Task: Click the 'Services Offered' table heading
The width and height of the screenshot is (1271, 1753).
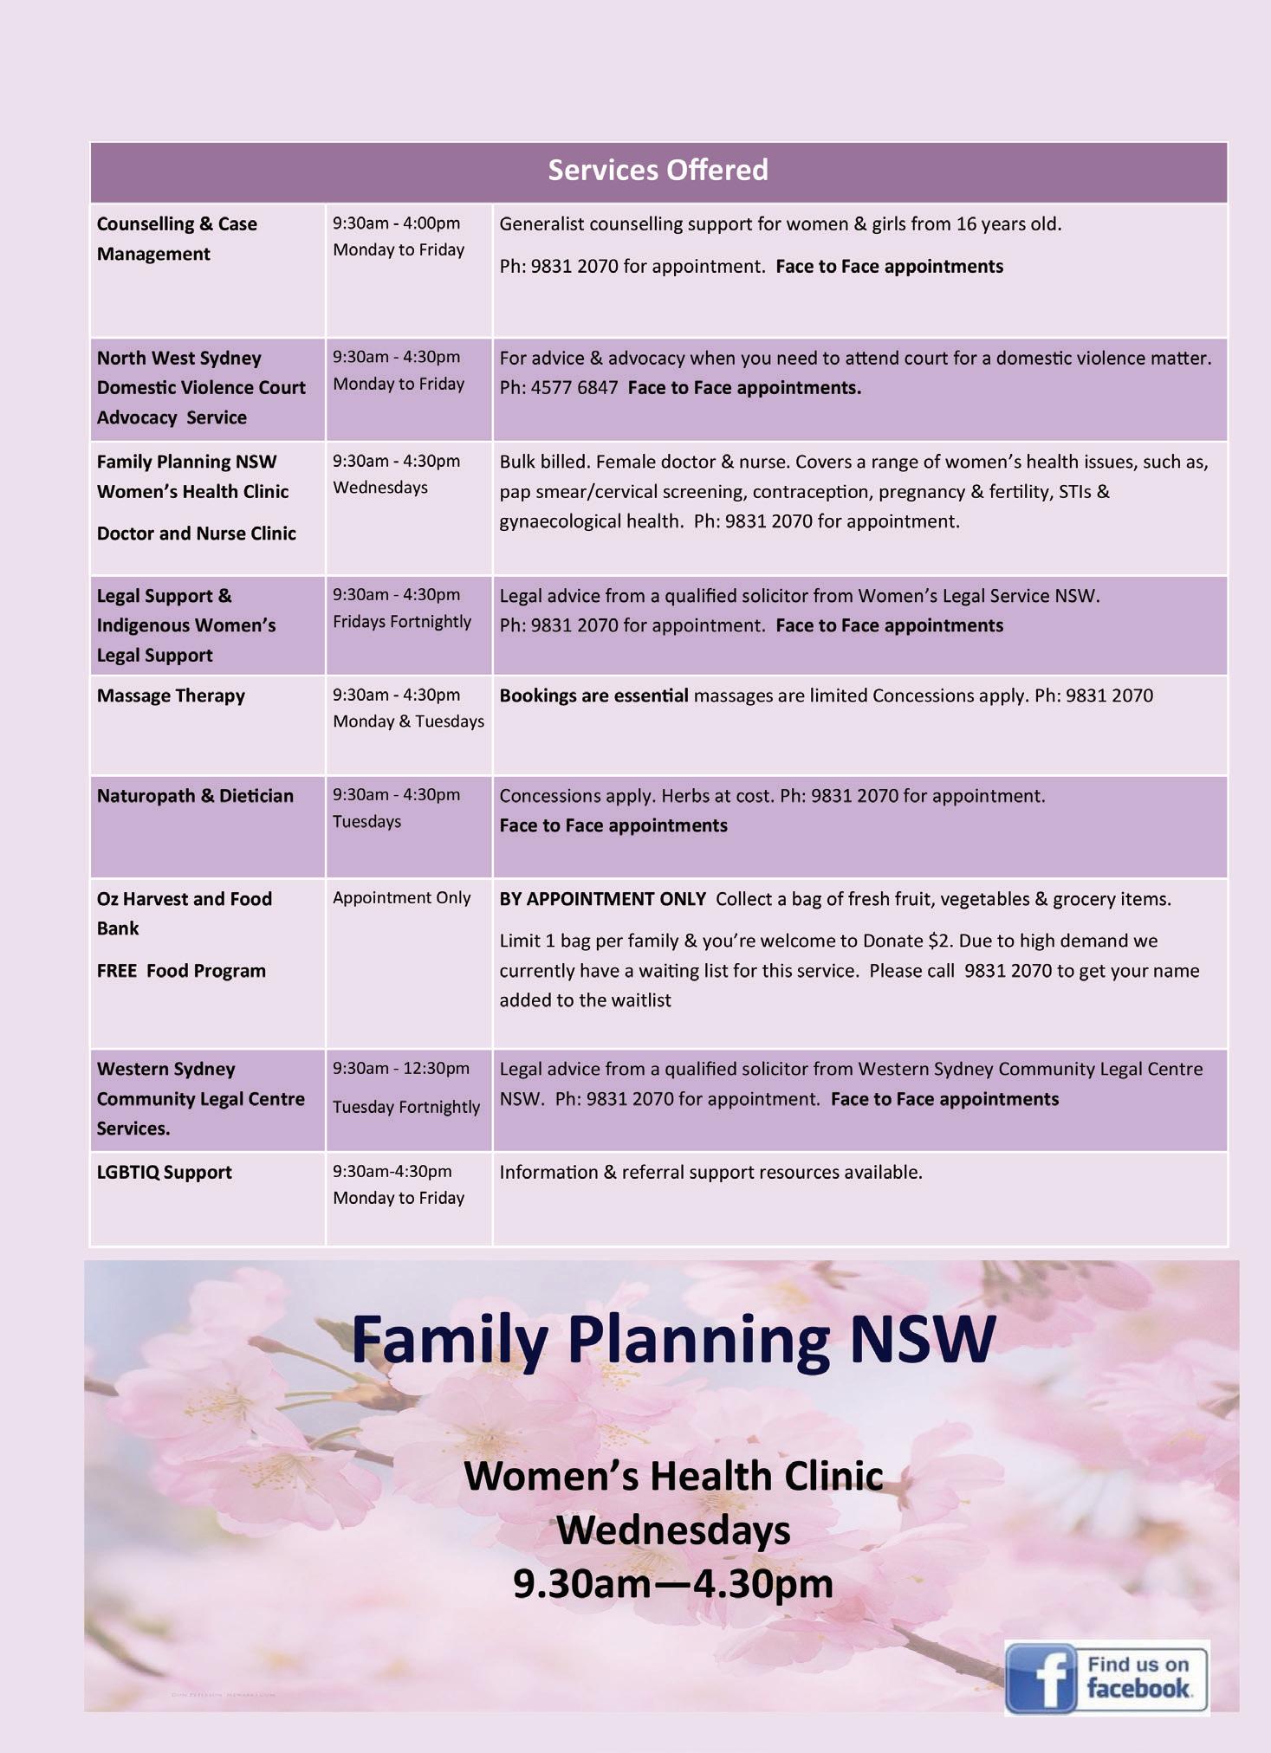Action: [x=658, y=170]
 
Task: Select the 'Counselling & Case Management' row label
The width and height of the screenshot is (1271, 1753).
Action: [x=177, y=238]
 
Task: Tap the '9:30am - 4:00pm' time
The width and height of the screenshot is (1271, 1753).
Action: [x=396, y=223]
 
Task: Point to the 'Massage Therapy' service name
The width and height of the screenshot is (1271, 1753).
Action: [x=171, y=695]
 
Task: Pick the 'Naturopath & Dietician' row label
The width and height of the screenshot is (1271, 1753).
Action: [x=195, y=796]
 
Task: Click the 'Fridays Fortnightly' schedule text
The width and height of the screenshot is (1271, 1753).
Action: [x=402, y=622]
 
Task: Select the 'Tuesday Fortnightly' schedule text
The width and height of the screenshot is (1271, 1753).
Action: [x=405, y=1107]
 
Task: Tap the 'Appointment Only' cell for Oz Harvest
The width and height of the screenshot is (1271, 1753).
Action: [x=401, y=898]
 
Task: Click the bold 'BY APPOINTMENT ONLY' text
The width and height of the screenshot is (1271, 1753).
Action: [x=602, y=899]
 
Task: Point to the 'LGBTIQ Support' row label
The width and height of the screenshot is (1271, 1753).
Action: [x=164, y=1173]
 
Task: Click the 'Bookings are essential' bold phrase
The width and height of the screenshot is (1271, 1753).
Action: [x=593, y=695]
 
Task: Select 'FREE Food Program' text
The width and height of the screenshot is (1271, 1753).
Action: [x=181, y=971]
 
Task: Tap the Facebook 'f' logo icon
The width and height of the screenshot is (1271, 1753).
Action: [x=1040, y=1678]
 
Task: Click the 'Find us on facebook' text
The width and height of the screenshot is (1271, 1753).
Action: [x=1138, y=1677]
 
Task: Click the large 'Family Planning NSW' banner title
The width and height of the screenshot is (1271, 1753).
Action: [x=673, y=1339]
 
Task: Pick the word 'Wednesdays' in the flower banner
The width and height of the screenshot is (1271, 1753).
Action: [x=673, y=1530]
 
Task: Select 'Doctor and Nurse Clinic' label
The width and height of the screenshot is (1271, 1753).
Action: [x=196, y=534]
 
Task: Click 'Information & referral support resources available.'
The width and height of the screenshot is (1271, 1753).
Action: [x=710, y=1173]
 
